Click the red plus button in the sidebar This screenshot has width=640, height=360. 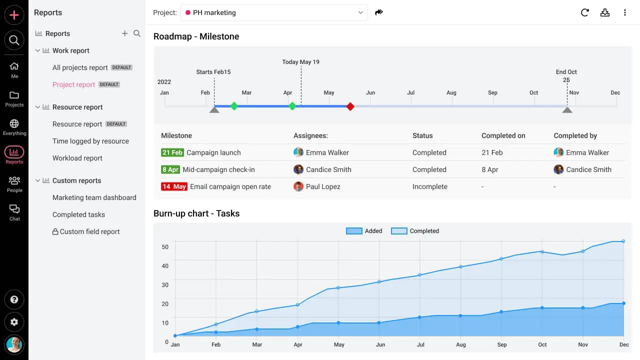coord(14,15)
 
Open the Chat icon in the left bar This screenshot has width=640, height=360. coord(14,211)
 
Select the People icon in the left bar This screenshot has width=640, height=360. coord(14,183)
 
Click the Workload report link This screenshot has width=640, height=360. coord(77,158)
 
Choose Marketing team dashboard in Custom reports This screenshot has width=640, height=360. coord(94,197)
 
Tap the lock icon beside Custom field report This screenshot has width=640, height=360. coord(55,232)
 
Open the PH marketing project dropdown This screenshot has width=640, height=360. coord(274,12)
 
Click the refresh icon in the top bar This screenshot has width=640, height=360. coord(584,12)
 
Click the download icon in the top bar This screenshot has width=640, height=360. coord(605,12)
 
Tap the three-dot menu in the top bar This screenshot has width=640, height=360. coord(625,12)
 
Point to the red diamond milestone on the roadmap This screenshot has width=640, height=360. coord(350,106)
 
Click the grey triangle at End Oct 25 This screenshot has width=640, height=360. coord(567,109)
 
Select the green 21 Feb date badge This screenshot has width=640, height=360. coord(172,152)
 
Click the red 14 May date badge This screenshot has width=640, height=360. coord(173,186)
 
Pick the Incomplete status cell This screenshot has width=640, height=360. coord(429,186)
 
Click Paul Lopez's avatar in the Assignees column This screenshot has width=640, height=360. coord(298,186)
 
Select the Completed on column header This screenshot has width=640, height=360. coord(503,135)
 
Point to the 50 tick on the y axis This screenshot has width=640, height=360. coord(164,246)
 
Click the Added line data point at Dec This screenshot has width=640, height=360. coord(623,241)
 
